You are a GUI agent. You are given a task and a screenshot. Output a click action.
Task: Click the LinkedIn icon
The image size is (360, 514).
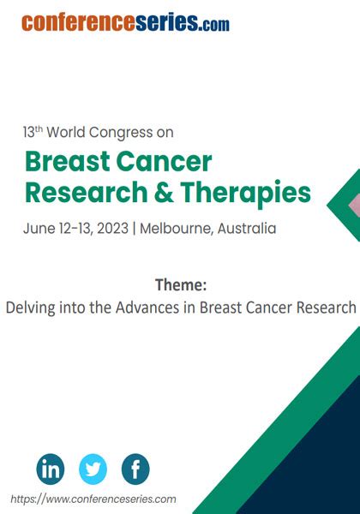point(51,469)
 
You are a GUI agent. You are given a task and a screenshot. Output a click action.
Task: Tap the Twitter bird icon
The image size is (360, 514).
point(93,469)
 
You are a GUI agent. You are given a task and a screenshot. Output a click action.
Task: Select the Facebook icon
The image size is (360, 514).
point(135,469)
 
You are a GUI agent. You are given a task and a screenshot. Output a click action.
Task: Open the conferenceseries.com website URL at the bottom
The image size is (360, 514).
point(93,499)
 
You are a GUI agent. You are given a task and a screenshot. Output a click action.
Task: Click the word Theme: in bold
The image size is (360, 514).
point(181,284)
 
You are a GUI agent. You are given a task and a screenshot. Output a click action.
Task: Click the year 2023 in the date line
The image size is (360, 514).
point(112,228)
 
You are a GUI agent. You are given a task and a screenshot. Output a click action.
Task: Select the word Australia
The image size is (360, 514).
point(247,228)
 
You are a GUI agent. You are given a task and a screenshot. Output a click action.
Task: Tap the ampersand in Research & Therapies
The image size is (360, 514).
point(164,192)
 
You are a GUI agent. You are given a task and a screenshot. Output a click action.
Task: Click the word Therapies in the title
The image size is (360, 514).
point(246,193)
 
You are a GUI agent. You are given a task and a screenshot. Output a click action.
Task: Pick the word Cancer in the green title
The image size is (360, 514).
point(164,162)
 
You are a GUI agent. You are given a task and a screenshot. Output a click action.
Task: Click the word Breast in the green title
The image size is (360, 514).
point(68,161)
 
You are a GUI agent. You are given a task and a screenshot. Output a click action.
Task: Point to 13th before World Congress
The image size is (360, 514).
point(33,132)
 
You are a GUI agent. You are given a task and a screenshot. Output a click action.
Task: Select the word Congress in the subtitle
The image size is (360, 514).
point(121,133)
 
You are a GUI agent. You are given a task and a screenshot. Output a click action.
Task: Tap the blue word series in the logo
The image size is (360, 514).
point(167,22)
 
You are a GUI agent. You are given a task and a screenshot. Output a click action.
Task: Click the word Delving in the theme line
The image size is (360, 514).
point(30,308)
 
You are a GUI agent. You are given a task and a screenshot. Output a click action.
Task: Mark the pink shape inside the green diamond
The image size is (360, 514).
point(354,206)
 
